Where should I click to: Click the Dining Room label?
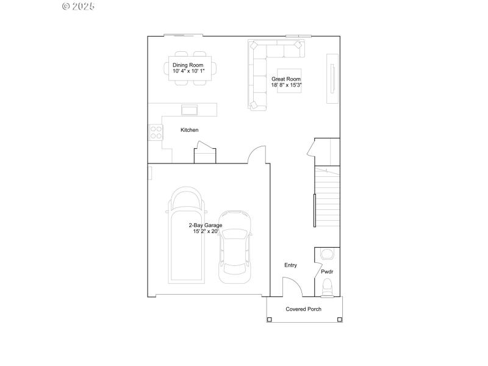(187, 65)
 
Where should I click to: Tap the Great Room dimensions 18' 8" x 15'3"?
(286, 85)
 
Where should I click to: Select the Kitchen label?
(189, 130)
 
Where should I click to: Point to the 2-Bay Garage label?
(205, 225)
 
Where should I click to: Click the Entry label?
(290, 265)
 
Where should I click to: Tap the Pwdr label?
(327, 271)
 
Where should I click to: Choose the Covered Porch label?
(304, 309)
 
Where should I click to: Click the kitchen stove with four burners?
(156, 132)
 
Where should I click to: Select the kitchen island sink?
(189, 110)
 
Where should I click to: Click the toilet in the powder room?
(328, 287)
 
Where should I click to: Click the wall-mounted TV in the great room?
(332, 79)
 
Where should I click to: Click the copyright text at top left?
(79, 6)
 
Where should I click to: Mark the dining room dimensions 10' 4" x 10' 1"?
(188, 71)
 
